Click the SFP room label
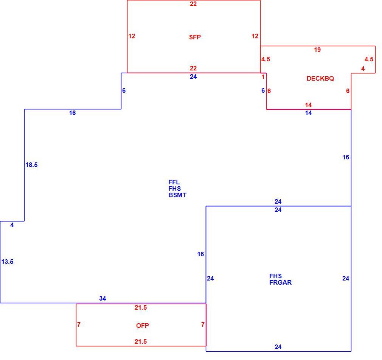pos(195,37)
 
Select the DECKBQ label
pos(320,78)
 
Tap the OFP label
pos(143,326)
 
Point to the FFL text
pos(174,182)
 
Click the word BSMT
pos(177,195)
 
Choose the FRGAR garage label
pos(280,282)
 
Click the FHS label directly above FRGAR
pos(276,276)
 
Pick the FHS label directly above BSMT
pos(174,189)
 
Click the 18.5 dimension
pos(32,165)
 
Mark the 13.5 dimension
pos(7,262)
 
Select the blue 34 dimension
pos(102,298)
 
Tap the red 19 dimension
pos(317,50)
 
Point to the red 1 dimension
pos(263,77)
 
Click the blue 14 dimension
pos(308,113)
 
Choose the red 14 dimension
pos(308,105)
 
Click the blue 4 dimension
pos(12,225)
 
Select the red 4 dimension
pos(363,69)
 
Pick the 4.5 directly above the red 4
pos(369,59)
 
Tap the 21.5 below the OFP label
pos(141,342)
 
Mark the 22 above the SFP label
pos(193,4)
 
